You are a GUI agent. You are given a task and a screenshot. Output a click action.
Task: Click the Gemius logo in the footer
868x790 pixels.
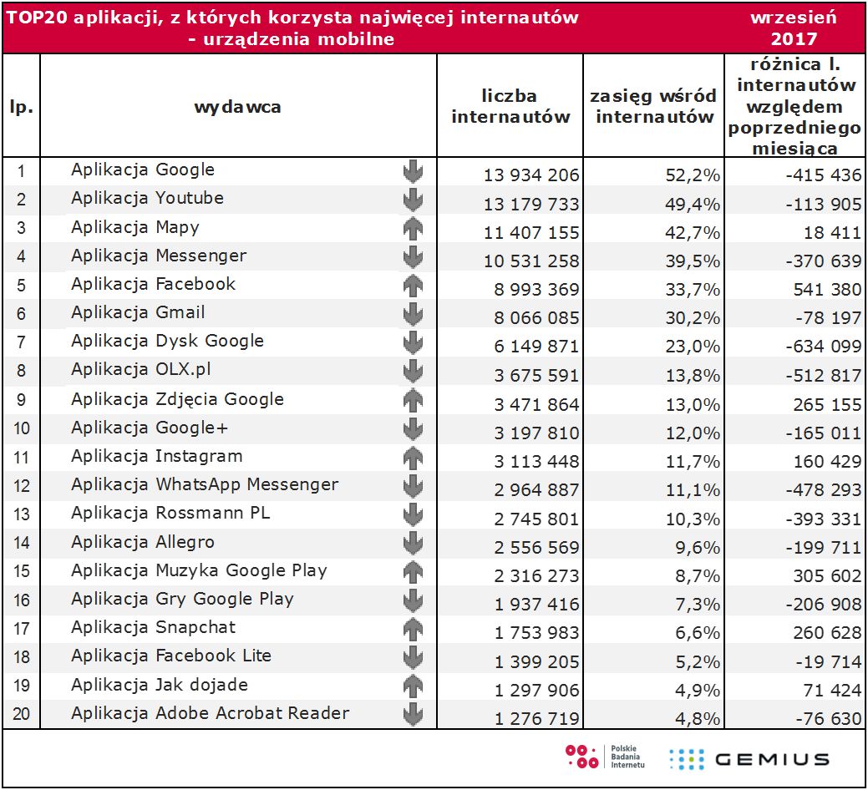click(x=749, y=758)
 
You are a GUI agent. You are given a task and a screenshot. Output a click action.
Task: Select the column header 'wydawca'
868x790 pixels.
click(x=237, y=107)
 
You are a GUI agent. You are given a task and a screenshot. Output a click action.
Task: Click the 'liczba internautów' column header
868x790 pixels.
click(x=510, y=107)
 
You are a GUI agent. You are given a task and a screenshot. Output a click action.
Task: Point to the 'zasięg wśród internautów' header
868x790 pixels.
click(x=654, y=107)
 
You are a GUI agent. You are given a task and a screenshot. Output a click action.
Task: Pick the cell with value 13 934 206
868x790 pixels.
click(x=531, y=175)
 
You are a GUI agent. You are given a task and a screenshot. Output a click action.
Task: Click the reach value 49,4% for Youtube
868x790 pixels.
click(x=693, y=204)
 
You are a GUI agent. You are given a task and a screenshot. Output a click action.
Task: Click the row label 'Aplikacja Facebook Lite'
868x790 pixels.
click(x=171, y=656)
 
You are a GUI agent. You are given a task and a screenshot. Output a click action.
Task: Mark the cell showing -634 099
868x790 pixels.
click(x=810, y=347)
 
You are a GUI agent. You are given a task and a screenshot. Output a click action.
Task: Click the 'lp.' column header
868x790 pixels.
click(x=21, y=107)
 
